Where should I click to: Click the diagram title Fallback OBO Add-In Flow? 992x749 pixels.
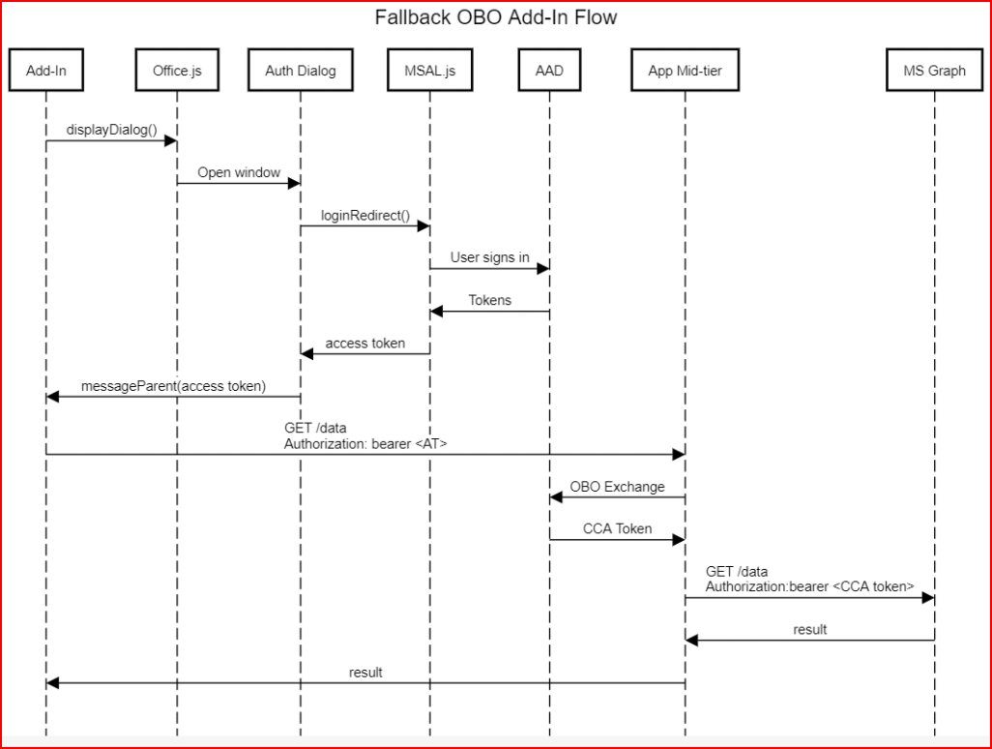[x=495, y=17]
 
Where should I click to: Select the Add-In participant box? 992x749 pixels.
[x=45, y=71]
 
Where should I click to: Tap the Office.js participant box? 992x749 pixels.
[x=177, y=71]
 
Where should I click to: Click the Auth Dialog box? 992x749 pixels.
[x=300, y=71]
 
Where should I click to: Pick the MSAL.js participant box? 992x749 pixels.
[x=429, y=71]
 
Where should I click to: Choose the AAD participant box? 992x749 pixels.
[x=549, y=71]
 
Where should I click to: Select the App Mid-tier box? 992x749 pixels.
[x=685, y=71]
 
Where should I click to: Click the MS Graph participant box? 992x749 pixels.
[x=934, y=71]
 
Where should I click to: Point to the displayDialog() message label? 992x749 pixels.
[x=111, y=130]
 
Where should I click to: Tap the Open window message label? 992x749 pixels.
[x=239, y=172]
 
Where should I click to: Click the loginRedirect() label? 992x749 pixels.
[x=365, y=215]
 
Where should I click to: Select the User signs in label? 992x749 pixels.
[x=489, y=257]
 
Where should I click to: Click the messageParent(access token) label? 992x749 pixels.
[x=172, y=385]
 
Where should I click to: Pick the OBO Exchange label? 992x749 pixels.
[x=617, y=487]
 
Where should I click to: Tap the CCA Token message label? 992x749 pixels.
[x=617, y=529]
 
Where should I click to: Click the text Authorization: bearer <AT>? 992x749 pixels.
[x=365, y=443]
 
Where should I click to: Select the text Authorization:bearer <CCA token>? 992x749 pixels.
[x=809, y=586]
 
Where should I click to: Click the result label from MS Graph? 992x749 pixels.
[x=809, y=629]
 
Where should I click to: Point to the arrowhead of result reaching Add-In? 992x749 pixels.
[x=52, y=683]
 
